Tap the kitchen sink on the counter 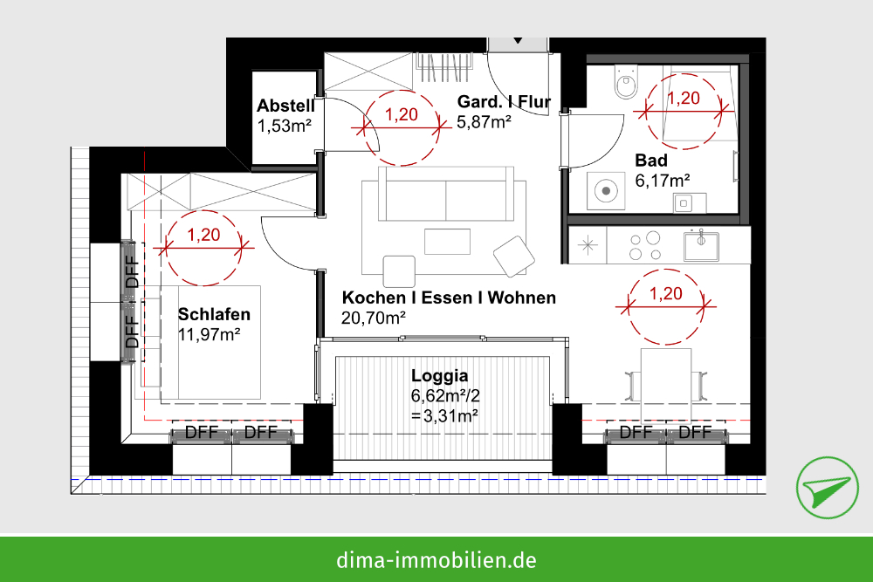point(701,245)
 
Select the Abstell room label point(285,106)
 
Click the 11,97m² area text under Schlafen point(209,335)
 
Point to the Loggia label point(439,376)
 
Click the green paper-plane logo point(827,488)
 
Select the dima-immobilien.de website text point(436,559)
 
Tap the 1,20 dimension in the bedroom point(203,235)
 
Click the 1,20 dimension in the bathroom point(684,99)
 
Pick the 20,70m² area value point(373,318)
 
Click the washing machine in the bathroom point(606,190)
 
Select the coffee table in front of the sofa point(447,242)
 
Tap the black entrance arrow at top point(518,41)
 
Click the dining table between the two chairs point(666,385)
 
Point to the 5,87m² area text point(484,122)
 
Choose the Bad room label point(651,161)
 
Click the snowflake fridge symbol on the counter point(588,245)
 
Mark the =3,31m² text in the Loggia point(444,415)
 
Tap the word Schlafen point(214,314)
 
